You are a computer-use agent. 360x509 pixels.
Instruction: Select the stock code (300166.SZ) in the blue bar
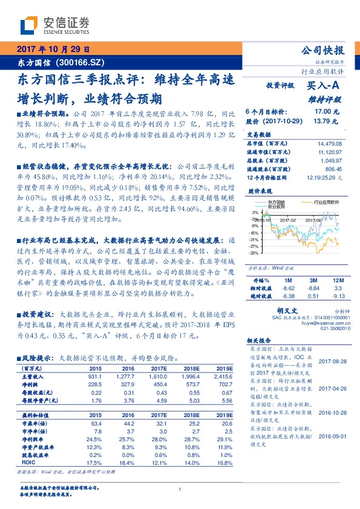(x=81, y=62)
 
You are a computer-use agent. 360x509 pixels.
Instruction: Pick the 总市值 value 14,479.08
(x=330, y=143)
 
